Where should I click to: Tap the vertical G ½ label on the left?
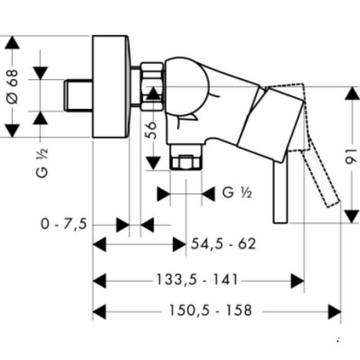point(43,162)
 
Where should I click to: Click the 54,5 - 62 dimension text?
point(223,244)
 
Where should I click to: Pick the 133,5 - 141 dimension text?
point(197,280)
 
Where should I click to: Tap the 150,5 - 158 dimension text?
point(210,311)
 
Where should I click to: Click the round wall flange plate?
point(110,86)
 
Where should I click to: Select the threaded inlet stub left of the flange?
point(78,95)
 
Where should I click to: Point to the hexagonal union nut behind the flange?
point(152,86)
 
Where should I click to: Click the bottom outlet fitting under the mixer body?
point(186,161)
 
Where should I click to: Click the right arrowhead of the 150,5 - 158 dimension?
point(335,311)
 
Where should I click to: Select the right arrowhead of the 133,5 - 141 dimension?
point(298,280)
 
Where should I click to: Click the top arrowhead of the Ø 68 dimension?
point(12,43)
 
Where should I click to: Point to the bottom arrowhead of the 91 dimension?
point(351,216)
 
